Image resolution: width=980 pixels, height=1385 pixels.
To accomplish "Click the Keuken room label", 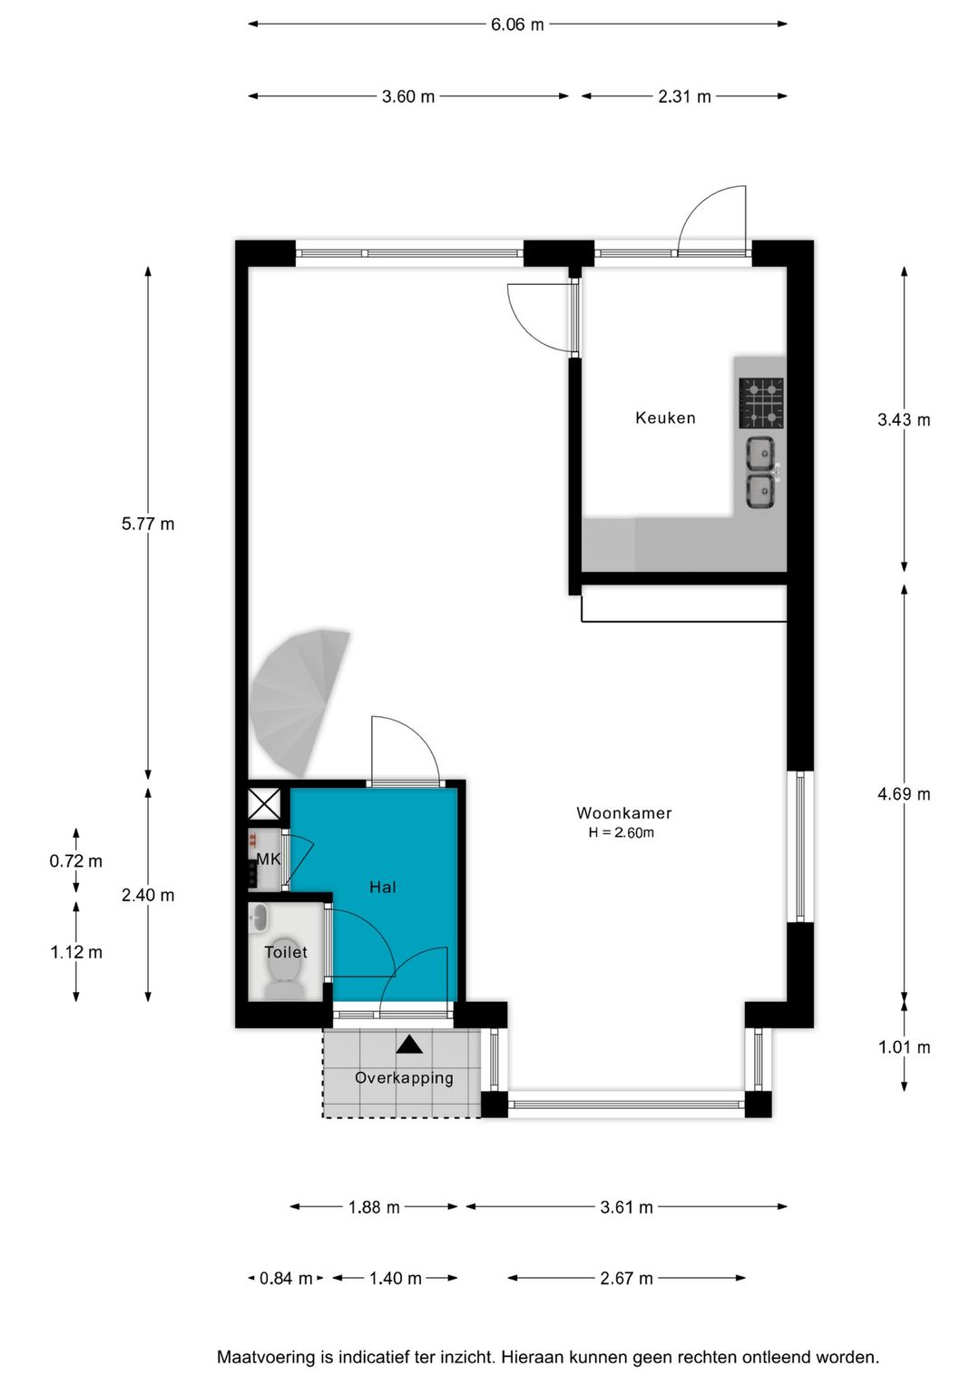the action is (x=665, y=418).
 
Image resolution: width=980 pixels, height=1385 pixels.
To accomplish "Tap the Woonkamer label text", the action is (x=624, y=813).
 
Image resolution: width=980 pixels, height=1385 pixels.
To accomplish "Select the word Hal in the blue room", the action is (x=382, y=888).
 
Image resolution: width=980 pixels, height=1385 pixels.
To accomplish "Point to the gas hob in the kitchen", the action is (x=761, y=403).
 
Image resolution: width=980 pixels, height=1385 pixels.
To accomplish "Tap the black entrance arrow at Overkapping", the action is (x=409, y=1045).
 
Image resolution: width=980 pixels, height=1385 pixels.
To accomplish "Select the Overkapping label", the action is (x=404, y=1078).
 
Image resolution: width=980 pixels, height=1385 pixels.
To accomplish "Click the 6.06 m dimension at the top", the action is (x=517, y=25).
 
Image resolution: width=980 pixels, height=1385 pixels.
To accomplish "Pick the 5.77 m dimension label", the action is (x=148, y=525).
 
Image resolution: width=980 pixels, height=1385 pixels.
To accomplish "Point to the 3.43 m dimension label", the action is (x=904, y=420).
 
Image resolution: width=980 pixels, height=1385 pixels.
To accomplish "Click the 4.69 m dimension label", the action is (x=904, y=794).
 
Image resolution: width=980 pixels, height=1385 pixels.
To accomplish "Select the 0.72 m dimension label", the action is (x=76, y=861).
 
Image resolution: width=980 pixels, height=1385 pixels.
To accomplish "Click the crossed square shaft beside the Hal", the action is (x=264, y=804).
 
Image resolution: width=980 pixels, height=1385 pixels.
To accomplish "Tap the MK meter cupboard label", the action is (x=269, y=859).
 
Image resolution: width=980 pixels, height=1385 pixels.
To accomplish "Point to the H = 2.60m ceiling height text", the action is (x=621, y=833).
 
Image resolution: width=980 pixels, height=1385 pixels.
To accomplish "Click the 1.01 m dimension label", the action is (x=904, y=1047).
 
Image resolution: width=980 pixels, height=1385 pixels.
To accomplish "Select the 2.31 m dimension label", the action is (x=684, y=96).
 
